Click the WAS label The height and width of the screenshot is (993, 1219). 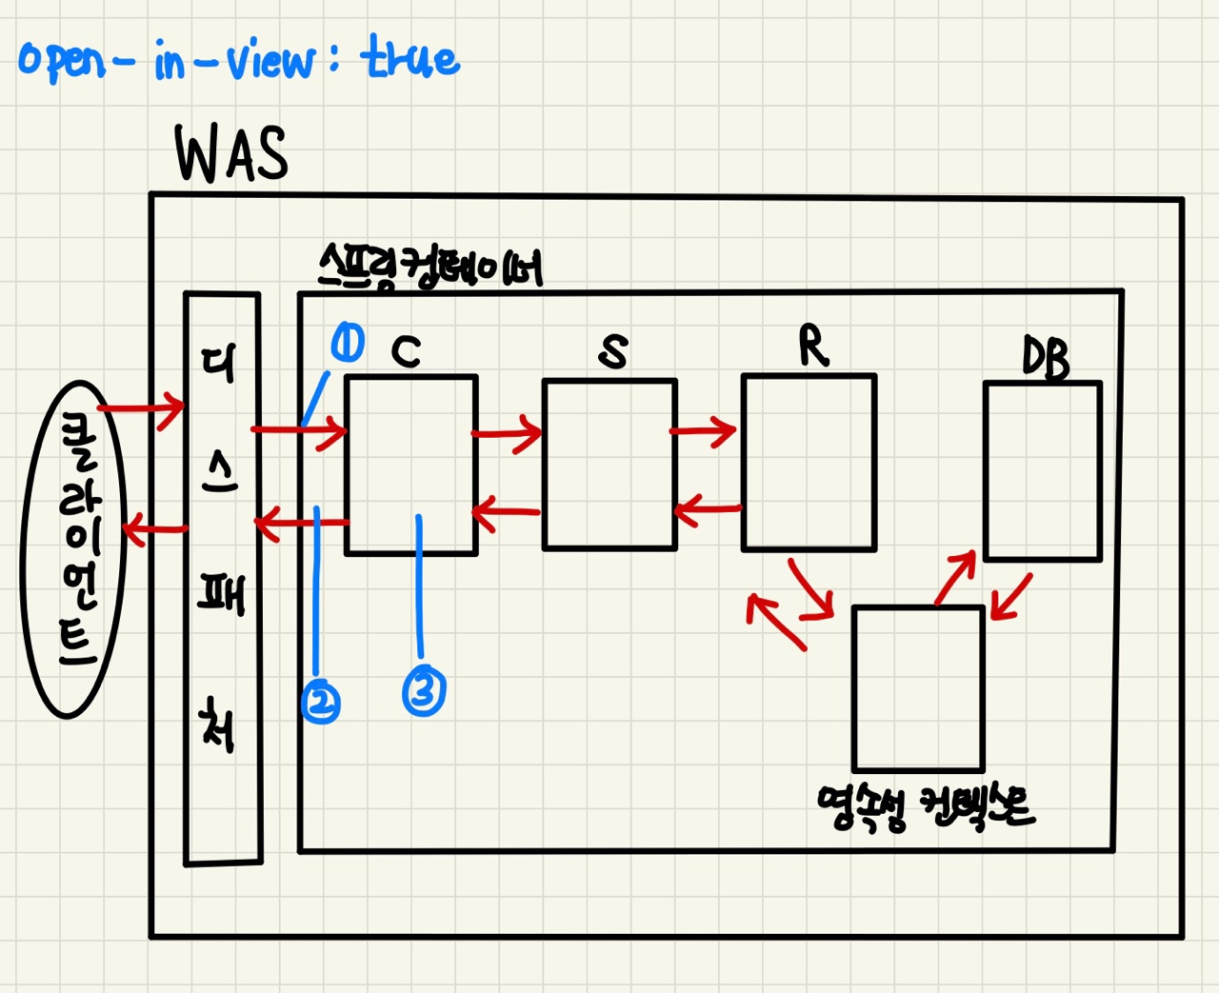pyautogui.click(x=231, y=154)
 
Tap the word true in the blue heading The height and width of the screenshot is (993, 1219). pyautogui.click(x=410, y=59)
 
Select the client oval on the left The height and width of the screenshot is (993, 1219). pyautogui.click(x=73, y=548)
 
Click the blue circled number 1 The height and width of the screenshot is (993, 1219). pyautogui.click(x=347, y=343)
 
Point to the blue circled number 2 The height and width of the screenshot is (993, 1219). pyautogui.click(x=321, y=703)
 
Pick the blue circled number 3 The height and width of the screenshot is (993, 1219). pyautogui.click(x=424, y=690)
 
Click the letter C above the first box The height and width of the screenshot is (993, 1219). pyautogui.click(x=406, y=351)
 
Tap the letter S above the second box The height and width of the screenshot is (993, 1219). pyautogui.click(x=613, y=351)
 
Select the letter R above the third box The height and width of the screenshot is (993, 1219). pyautogui.click(x=812, y=346)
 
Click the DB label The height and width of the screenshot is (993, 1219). pyautogui.click(x=1046, y=359)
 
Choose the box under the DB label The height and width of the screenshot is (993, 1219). pyautogui.click(x=1043, y=471)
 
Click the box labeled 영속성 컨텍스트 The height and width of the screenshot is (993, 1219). pyautogui.click(x=918, y=688)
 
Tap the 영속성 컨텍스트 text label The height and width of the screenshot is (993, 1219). pyautogui.click(x=925, y=807)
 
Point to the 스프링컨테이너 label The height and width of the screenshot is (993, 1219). pyautogui.click(x=430, y=266)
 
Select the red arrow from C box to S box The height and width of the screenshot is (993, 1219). pyautogui.click(x=508, y=435)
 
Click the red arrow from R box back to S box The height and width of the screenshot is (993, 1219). pyautogui.click(x=707, y=510)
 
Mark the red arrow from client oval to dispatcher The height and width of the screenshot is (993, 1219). pyautogui.click(x=141, y=409)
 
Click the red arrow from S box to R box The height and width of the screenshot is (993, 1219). pyautogui.click(x=704, y=431)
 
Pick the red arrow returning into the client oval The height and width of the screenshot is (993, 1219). pyautogui.click(x=154, y=528)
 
